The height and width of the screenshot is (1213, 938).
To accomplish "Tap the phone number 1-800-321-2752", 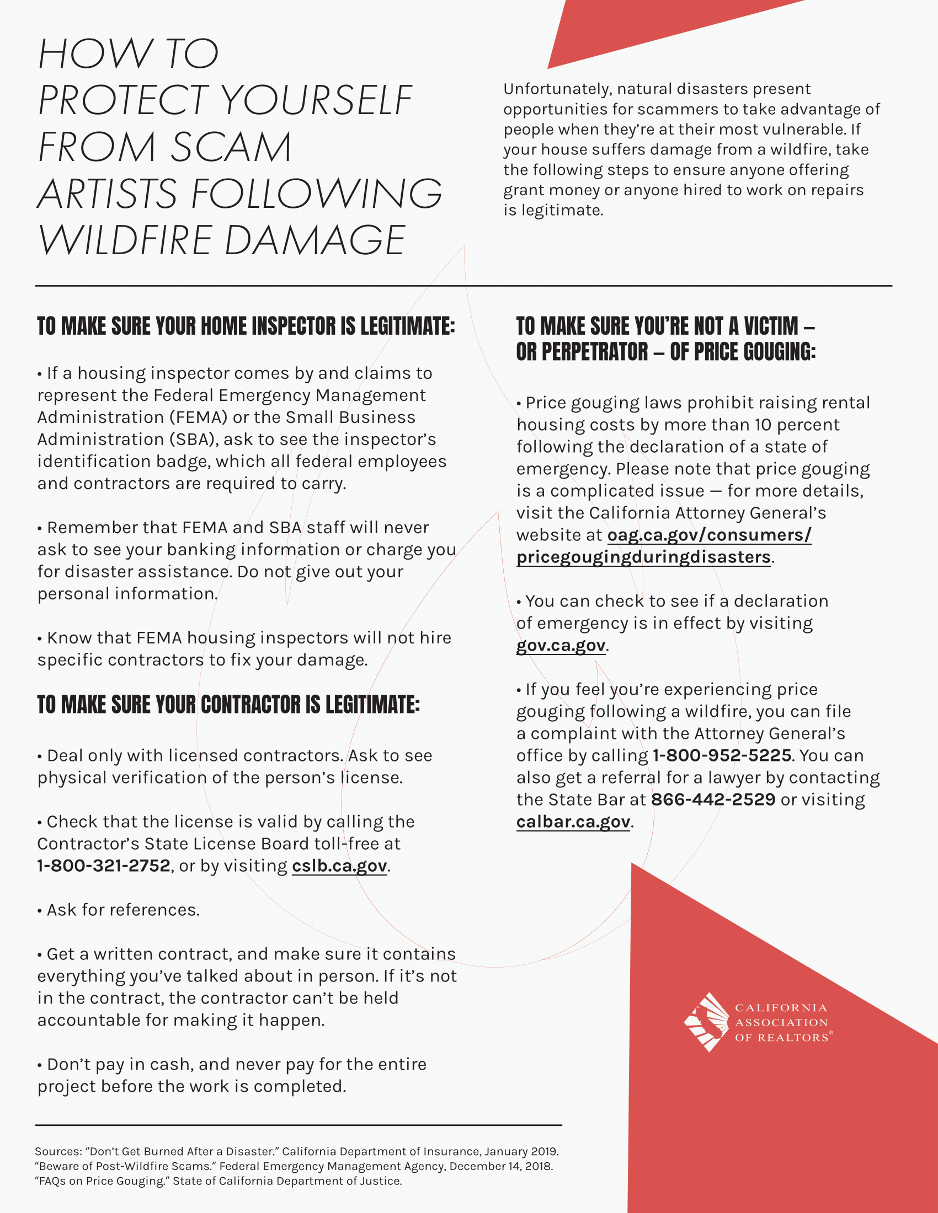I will coord(104,865).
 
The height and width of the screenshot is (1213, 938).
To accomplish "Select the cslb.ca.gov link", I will coord(339,865).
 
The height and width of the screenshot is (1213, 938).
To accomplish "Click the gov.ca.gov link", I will coord(561,645).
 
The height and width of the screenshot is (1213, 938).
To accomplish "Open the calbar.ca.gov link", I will coord(573,822).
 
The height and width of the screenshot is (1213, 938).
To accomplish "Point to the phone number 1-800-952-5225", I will coord(722,755).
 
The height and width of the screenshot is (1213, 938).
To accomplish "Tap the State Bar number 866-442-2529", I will coord(713,799).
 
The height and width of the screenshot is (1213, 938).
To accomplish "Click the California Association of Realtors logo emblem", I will coord(706,1022).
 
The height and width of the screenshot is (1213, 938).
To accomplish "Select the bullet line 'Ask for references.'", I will coord(119,910).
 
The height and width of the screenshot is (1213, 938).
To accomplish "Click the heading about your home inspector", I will coord(246,326).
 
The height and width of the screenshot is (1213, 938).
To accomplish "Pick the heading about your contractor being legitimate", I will coord(228,704).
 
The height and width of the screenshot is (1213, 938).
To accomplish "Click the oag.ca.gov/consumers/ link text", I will coord(709,535).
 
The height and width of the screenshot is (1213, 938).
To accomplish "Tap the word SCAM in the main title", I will coord(231,147).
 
